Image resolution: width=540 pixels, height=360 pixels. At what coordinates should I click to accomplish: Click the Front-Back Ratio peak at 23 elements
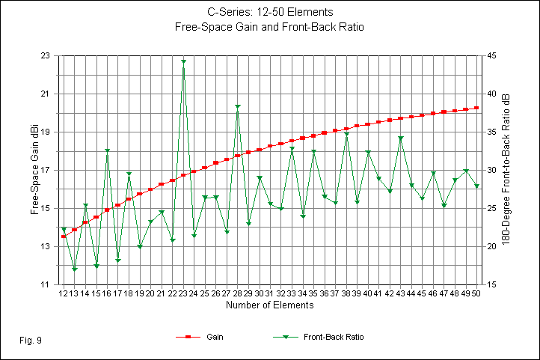183,61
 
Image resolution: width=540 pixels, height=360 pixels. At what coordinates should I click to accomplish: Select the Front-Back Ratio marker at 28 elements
238,107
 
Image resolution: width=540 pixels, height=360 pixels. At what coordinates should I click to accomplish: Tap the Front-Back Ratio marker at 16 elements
107,151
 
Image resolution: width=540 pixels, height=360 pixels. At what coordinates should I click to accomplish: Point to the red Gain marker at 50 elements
476,108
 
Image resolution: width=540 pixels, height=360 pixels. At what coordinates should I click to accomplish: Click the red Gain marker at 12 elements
64,237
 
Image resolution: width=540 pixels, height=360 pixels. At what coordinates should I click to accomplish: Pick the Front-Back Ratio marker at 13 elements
75,269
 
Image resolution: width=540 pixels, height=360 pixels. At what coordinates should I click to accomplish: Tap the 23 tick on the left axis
46,56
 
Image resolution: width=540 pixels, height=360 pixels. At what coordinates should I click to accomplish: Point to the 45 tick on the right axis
491,56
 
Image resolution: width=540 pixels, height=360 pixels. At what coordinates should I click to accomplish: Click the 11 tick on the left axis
46,285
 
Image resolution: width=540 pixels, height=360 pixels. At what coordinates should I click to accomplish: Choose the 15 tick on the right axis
491,285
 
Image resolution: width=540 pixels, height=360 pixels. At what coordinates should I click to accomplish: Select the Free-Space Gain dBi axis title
34,171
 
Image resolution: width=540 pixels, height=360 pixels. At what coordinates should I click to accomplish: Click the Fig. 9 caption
31,341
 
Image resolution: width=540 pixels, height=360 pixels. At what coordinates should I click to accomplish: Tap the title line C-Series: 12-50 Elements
271,13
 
